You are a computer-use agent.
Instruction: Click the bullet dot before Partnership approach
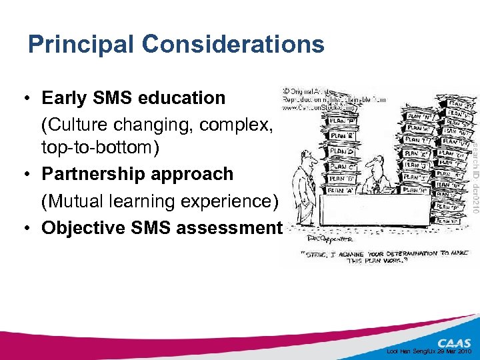[x=23, y=174]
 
